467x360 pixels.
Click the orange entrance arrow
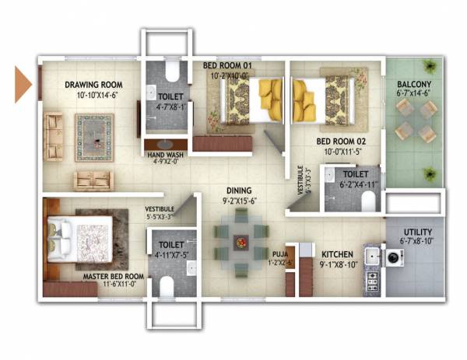(23, 84)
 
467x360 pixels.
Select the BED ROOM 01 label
(226, 65)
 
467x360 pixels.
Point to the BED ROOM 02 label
(340, 142)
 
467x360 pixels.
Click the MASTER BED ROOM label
(113, 276)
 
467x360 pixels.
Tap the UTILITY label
(419, 232)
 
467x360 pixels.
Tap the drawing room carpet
(94, 137)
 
